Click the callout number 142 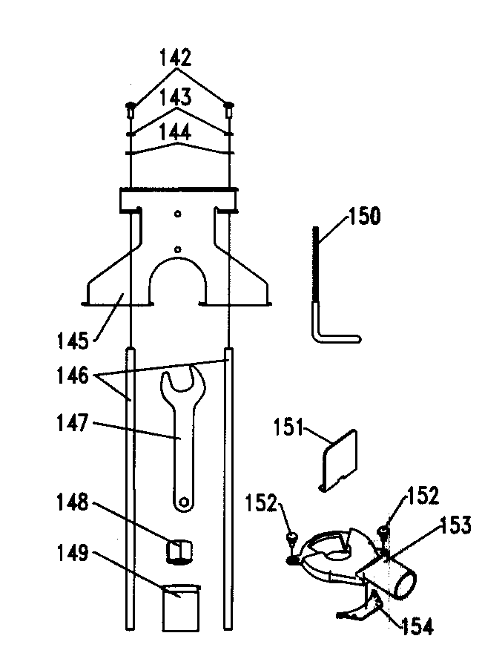(x=175, y=58)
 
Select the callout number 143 (x=176, y=97)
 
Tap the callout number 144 (x=176, y=132)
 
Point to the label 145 (x=73, y=341)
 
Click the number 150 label (x=364, y=216)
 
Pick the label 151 (x=288, y=427)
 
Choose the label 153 (x=455, y=525)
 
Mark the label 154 (x=417, y=626)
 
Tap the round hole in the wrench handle (x=183, y=501)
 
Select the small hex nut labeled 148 (x=179, y=552)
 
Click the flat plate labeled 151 (x=340, y=460)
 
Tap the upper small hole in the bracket (x=178, y=214)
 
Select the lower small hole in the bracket (x=178, y=249)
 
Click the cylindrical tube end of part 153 (x=405, y=586)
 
